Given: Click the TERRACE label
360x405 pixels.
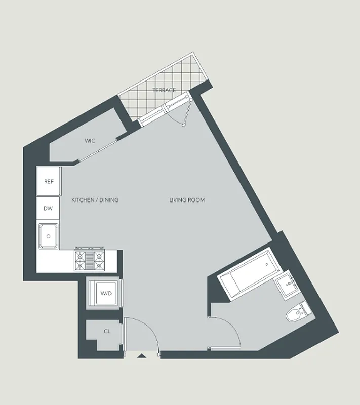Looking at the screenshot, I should click(164, 90).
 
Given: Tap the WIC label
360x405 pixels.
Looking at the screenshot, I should click(90, 141).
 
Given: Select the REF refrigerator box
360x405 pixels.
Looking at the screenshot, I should click(49, 182).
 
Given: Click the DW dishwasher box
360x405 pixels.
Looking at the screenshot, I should click(49, 208).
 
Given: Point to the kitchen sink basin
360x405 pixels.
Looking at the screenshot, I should click(48, 235).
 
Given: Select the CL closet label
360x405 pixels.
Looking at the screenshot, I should click(107, 332).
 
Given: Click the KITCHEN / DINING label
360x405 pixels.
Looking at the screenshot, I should click(95, 200).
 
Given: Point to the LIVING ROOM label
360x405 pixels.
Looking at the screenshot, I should click(187, 200).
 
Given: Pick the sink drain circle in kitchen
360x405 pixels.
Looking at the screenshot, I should click(48, 236).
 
